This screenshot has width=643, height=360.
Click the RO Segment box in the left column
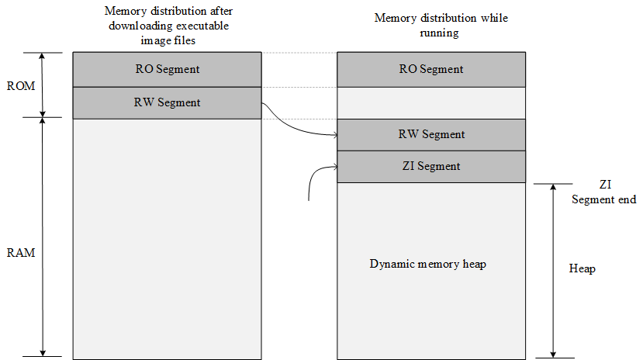click(x=167, y=69)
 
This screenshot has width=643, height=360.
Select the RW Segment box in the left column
click(x=167, y=102)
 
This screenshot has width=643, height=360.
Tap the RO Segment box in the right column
click(x=431, y=69)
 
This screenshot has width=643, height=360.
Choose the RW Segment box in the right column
click(x=431, y=134)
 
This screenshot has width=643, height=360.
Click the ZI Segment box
click(x=431, y=166)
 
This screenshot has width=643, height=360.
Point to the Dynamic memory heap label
click(x=427, y=265)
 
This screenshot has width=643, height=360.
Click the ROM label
click(x=20, y=86)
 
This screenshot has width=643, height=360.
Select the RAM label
click(x=20, y=253)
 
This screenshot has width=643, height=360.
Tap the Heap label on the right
click(x=582, y=268)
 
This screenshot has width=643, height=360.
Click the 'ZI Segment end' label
click(x=604, y=192)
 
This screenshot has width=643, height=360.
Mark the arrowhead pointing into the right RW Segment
click(x=334, y=135)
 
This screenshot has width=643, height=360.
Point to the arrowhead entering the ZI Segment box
click(x=334, y=166)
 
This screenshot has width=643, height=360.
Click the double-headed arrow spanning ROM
click(x=43, y=85)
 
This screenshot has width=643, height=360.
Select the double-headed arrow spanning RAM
click(x=43, y=237)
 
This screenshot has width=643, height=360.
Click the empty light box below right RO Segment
click(x=431, y=102)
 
